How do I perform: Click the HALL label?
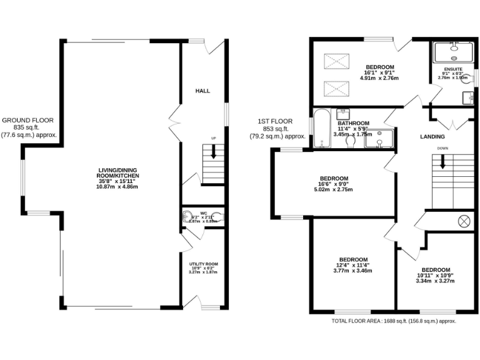tap(202, 91)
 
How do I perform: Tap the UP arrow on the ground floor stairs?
tap(214, 151)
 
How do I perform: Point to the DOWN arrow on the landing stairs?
tap(442, 161)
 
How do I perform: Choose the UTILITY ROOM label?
tap(203, 264)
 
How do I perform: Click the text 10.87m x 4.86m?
tap(117, 186)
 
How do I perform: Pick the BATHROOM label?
tap(354, 124)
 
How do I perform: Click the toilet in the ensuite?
tap(466, 98)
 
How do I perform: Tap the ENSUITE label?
tap(453, 69)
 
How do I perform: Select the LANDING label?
tap(432, 136)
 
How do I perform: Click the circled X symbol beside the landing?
tap(464, 221)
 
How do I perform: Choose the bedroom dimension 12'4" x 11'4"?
tap(353, 265)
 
